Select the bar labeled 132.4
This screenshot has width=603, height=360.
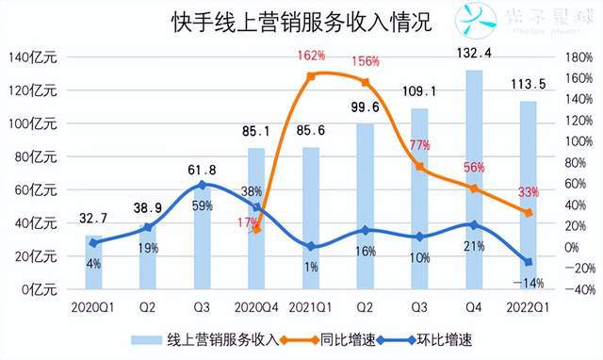coord(475,179)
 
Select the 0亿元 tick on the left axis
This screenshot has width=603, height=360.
coord(40,290)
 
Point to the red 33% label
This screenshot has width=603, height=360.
coord(529,192)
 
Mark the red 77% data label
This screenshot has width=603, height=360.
coord(420,144)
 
